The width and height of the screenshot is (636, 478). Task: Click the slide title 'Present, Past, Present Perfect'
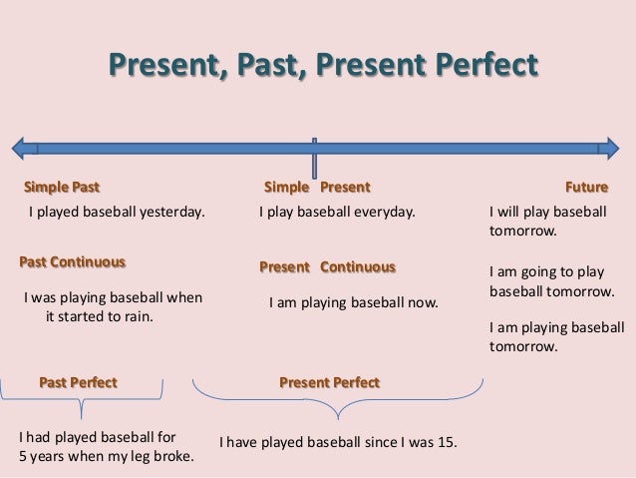322,66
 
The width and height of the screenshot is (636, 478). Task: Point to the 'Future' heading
587,187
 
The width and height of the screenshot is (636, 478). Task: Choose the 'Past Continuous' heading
73,261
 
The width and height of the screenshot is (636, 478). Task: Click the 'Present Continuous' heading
327,267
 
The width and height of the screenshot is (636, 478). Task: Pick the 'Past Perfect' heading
78,381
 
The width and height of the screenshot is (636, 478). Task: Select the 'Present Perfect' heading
329,381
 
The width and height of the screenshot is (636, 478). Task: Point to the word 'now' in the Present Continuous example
425,298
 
